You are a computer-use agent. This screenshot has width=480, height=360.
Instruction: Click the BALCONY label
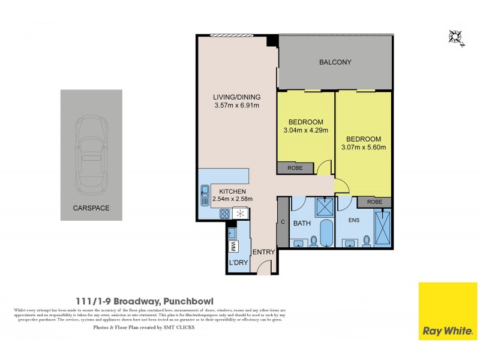pyautogui.click(x=335, y=62)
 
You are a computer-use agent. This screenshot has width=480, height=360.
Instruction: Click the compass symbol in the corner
pyautogui.click(x=455, y=37)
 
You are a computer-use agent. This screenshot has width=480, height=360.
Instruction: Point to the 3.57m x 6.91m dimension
pyautogui.click(x=236, y=106)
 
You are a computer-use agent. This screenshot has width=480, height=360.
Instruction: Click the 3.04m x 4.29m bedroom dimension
pyautogui.click(x=305, y=130)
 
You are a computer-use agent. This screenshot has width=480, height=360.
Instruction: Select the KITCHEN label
pyautogui.click(x=230, y=190)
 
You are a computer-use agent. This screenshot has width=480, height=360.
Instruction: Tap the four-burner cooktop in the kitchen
pyautogui.click(x=224, y=213)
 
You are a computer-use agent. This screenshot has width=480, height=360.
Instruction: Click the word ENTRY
pyautogui.click(x=263, y=252)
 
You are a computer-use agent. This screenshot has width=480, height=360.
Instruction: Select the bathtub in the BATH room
pyautogui.click(x=326, y=234)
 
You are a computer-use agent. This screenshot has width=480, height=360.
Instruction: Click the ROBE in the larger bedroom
pyautogui.click(x=374, y=202)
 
